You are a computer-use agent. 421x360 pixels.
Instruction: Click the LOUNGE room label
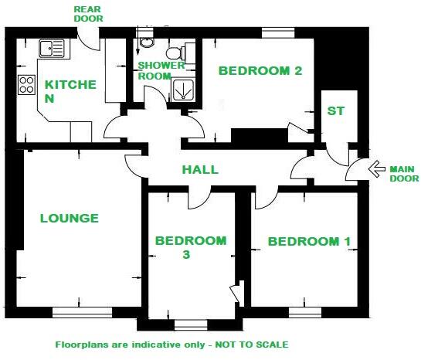click(x=70, y=219)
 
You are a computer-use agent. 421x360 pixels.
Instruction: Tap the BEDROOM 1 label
click(x=309, y=242)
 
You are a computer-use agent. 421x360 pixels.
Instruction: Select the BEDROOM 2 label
click(x=260, y=71)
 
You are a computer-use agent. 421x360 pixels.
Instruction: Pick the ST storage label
click(x=335, y=111)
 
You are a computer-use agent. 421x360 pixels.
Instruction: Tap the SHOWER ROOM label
click(x=154, y=70)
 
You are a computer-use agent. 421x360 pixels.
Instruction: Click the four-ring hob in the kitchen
click(x=26, y=83)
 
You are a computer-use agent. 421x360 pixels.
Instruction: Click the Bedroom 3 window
click(x=185, y=324)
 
